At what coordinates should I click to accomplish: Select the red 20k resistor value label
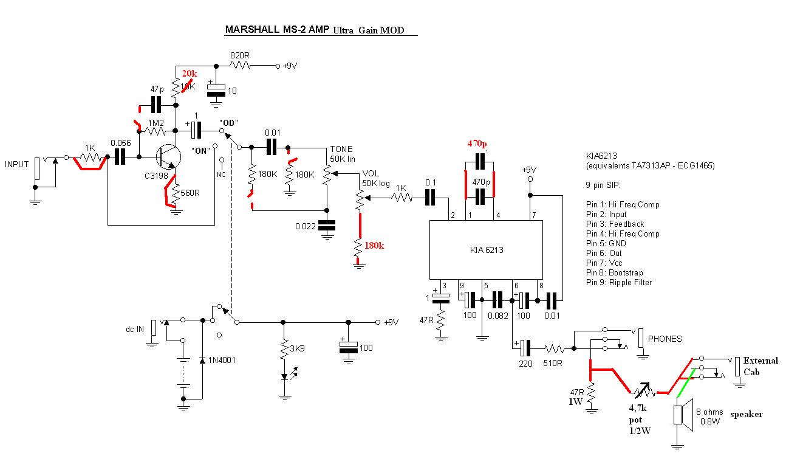[190, 74]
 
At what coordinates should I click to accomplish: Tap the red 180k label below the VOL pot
[374, 246]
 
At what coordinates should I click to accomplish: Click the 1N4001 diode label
[222, 360]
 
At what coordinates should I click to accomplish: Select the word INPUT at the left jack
[17, 164]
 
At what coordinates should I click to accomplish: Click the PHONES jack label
[665, 339]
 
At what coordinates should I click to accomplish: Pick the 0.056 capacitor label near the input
[121, 144]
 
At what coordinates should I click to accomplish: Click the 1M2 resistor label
[157, 122]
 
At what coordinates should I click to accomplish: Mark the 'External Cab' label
[759, 365]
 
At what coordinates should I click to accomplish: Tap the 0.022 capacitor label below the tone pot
[306, 226]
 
